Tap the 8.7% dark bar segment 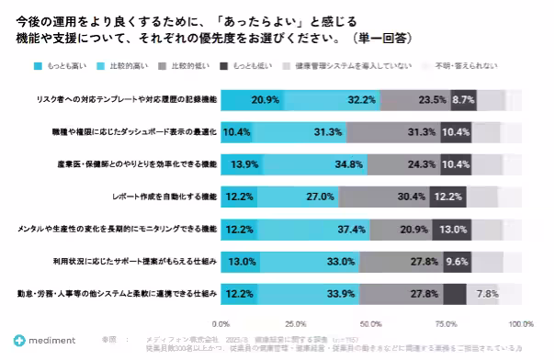[x=463, y=100]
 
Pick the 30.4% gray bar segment [x=386, y=196]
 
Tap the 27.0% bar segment [x=299, y=196]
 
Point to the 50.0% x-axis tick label [x=371, y=323]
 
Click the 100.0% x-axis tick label [x=520, y=323]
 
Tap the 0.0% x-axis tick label [x=221, y=323]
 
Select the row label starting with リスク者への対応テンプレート [x=137, y=100]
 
